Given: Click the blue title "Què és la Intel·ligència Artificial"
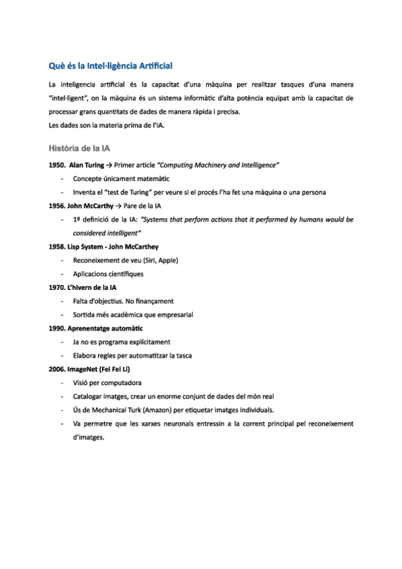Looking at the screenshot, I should [x=111, y=66].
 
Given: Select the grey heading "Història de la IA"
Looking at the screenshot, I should [x=79, y=148].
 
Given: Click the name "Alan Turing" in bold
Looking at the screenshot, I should [x=86, y=164].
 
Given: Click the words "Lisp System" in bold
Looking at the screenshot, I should [x=85, y=246].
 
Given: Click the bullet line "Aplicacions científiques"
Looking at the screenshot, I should [x=108, y=274].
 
